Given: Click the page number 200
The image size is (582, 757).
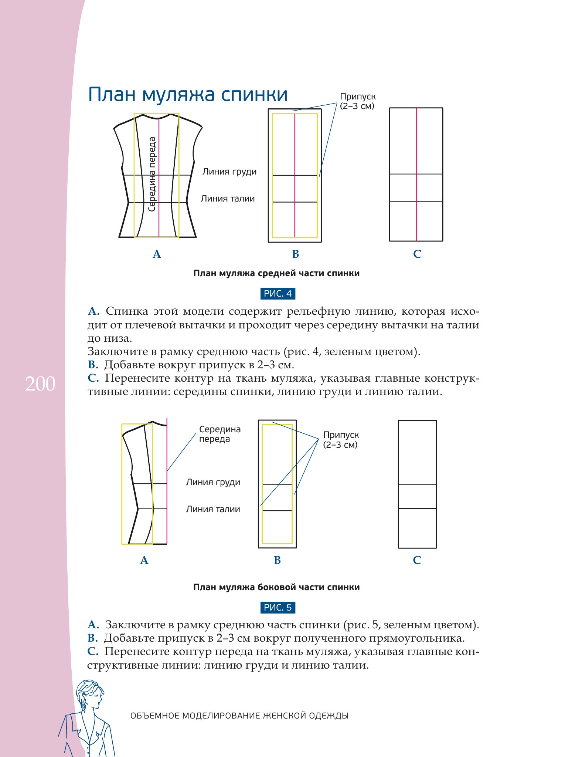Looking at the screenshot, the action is coord(40,384).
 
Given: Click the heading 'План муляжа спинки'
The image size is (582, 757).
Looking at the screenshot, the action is coord(188,95).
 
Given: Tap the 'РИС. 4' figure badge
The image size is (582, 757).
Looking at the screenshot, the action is coord(278,294).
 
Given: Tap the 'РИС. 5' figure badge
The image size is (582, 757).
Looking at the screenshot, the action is coord(278,608).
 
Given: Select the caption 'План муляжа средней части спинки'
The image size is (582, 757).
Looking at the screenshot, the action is coord(276,273).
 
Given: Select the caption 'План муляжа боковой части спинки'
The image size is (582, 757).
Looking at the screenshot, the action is coord(276,587).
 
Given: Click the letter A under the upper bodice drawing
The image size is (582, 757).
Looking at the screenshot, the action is coord(157,254).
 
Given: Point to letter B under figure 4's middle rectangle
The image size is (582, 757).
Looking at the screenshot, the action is coord(295,254).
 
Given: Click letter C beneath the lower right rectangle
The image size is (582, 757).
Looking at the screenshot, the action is coord(417,560).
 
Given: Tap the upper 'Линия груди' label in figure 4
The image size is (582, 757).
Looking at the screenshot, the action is coord(229,172).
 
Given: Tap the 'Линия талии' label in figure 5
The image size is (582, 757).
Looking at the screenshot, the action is coord(213,509).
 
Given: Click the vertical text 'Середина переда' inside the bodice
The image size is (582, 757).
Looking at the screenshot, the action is coord(152,174).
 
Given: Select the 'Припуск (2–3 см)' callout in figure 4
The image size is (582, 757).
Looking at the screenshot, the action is coord(357,101).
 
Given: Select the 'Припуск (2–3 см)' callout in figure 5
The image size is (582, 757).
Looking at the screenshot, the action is coord(341,440).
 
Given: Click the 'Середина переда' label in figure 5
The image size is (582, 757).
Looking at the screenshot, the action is coord(220,434).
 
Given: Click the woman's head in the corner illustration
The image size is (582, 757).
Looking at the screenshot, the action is coord(90,695).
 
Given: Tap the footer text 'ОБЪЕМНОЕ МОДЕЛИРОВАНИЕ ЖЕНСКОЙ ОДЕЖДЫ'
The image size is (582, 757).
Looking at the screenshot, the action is coord(239,716).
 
